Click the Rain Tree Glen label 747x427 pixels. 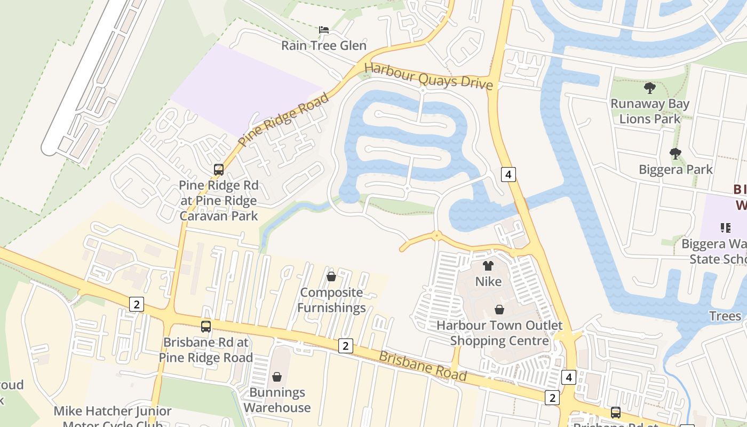click(324, 45)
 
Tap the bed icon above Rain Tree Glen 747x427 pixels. click(323, 29)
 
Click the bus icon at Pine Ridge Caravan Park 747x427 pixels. click(219, 170)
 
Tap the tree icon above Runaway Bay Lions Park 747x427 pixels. click(649, 88)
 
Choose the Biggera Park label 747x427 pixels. click(676, 170)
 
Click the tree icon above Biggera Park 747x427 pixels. click(675, 154)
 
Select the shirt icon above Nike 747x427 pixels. click(488, 265)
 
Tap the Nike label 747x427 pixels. click(488, 281)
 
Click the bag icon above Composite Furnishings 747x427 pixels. click(331, 276)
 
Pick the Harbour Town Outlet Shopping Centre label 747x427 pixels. click(499, 333)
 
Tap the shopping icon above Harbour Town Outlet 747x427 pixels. click(499, 310)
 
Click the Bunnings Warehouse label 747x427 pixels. click(277, 400)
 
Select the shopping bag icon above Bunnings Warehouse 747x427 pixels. click(277, 377)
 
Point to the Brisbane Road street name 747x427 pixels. click(423, 366)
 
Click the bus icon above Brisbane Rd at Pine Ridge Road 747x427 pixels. click(206, 326)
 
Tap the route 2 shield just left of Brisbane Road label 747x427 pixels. click(346, 346)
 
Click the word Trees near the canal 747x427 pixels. click(725, 316)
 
